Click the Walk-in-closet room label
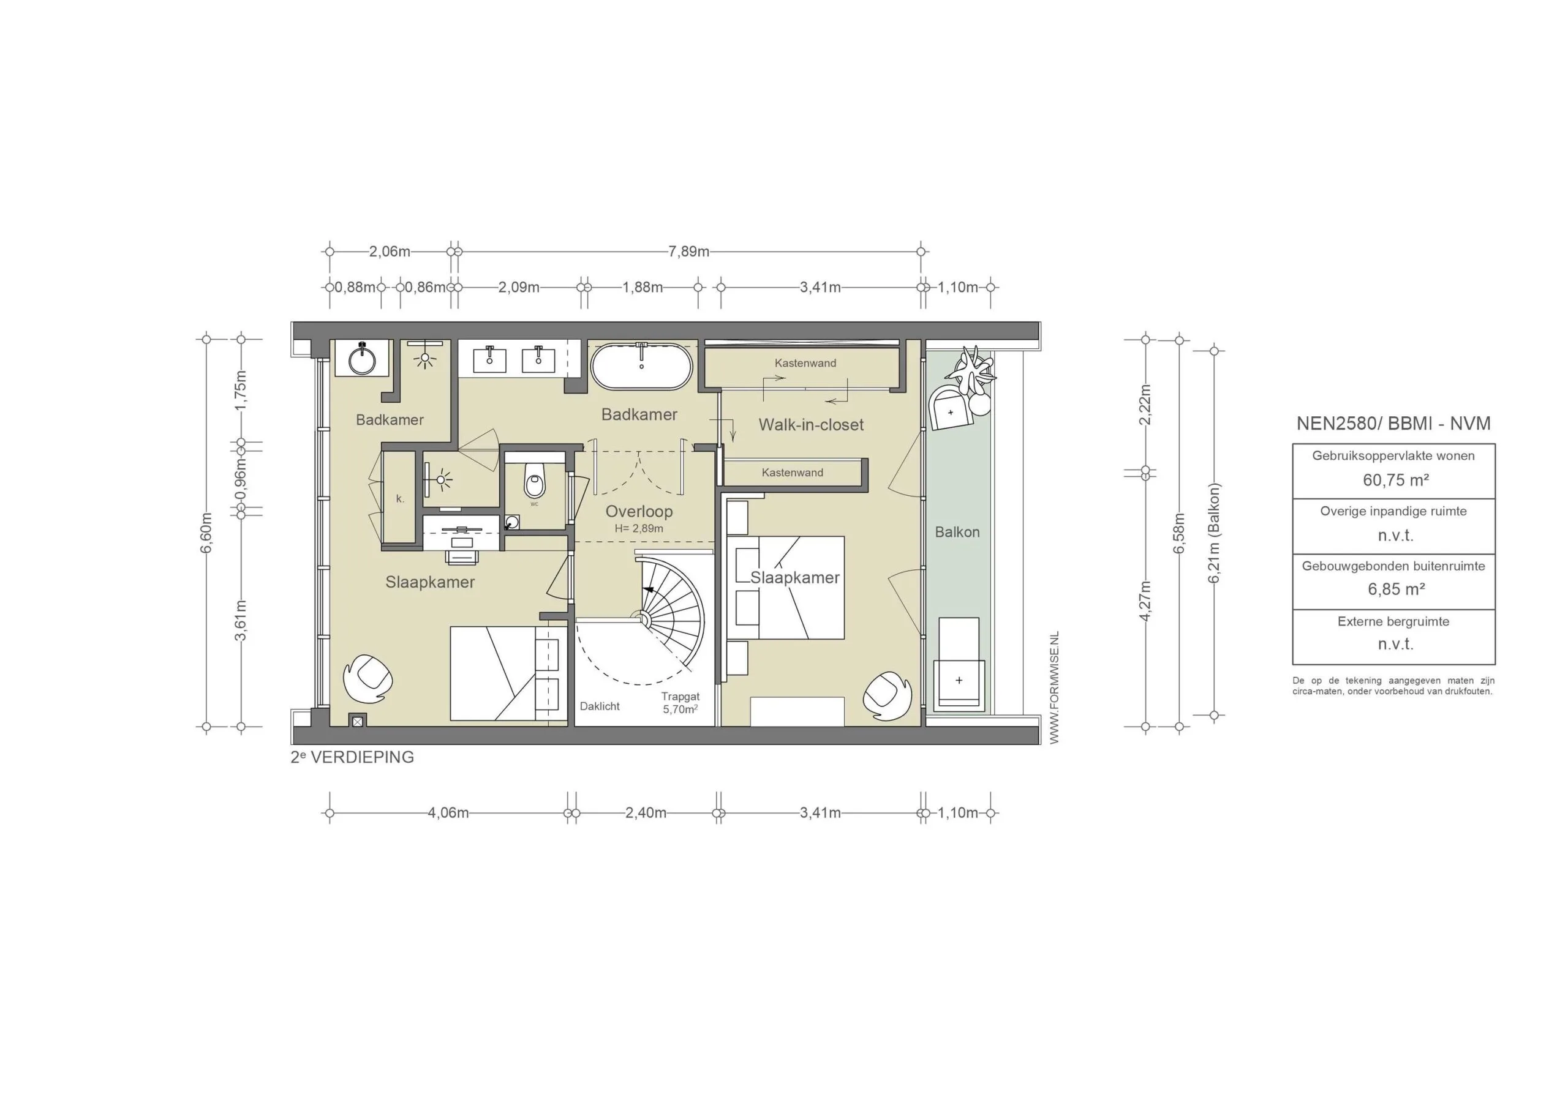pyautogui.click(x=810, y=425)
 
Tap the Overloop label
pyautogui.click(x=639, y=511)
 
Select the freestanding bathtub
pyautogui.click(x=641, y=366)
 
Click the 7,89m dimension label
pyautogui.click(x=688, y=251)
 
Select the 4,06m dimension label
pyautogui.click(x=448, y=813)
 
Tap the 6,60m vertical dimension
pyautogui.click(x=207, y=533)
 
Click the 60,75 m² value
pyautogui.click(x=1395, y=480)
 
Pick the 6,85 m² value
pyautogui.click(x=1395, y=589)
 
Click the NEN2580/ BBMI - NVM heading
pyautogui.click(x=1393, y=423)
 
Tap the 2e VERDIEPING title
pyautogui.click(x=352, y=757)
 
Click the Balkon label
pyautogui.click(x=957, y=532)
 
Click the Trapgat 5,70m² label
pyautogui.click(x=680, y=703)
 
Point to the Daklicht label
pyautogui.click(x=600, y=706)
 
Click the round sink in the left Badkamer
pyautogui.click(x=362, y=359)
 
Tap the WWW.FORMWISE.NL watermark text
pyautogui.click(x=1053, y=687)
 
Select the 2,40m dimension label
pyautogui.click(x=646, y=813)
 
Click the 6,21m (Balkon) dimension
pyautogui.click(x=1213, y=533)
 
